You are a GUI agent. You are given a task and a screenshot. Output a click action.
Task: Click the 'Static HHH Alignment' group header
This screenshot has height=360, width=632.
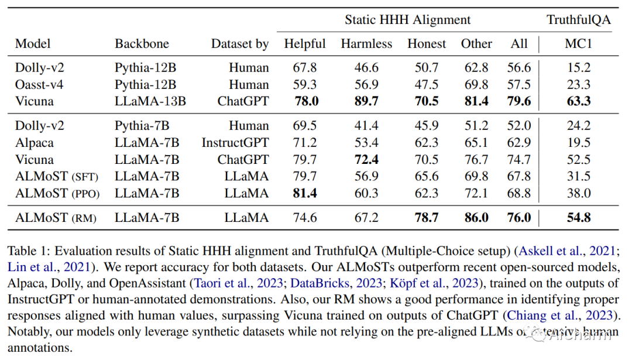click(x=407, y=20)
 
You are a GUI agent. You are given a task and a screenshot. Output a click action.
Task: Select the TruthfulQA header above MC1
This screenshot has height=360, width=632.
click(x=578, y=20)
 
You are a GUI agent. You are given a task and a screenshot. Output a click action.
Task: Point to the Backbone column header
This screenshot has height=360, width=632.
click(x=142, y=43)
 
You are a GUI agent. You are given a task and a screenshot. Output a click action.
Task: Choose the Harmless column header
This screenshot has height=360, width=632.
click(x=366, y=43)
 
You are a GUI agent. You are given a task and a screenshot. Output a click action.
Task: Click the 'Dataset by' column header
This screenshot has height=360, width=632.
click(x=240, y=43)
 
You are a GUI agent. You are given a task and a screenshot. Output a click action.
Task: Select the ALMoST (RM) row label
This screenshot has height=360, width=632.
click(x=56, y=218)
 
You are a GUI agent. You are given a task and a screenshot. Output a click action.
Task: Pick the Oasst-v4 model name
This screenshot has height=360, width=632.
click(x=39, y=84)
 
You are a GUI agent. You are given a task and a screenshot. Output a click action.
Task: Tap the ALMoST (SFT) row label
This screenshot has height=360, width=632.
click(x=56, y=176)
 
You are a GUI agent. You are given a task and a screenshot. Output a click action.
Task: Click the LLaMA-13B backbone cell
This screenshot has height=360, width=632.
click(x=150, y=101)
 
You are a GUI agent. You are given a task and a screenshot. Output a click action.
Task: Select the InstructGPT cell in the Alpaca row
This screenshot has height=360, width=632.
click(x=235, y=142)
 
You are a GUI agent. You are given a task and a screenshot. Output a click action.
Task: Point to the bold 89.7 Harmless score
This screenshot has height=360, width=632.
click(x=366, y=101)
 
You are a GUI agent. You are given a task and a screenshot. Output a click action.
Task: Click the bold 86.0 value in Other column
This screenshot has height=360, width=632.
click(x=476, y=218)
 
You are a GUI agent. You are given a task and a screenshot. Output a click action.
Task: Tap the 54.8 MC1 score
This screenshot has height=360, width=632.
click(x=578, y=218)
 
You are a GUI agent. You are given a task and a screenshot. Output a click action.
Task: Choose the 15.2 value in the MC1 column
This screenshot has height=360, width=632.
click(x=578, y=67)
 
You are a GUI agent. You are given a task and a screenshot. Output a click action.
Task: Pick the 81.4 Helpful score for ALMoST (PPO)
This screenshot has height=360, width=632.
click(x=305, y=193)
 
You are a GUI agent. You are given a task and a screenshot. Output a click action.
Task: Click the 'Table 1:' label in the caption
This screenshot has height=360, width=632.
click(x=30, y=251)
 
